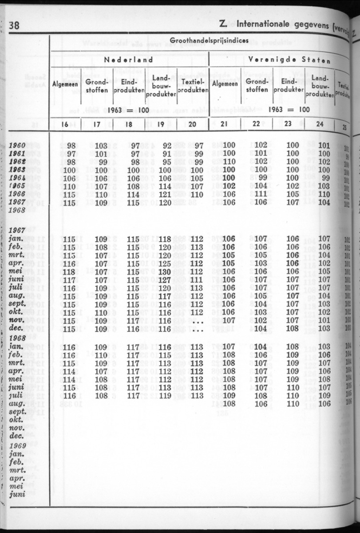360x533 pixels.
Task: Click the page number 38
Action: click(x=14, y=25)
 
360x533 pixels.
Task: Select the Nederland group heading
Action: click(x=128, y=60)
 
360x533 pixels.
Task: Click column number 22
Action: click(x=256, y=124)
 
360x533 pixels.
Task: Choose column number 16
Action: click(x=65, y=125)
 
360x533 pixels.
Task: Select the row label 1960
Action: click(x=17, y=145)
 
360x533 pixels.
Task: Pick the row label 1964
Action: click(x=17, y=178)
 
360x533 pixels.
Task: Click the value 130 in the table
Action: click(x=165, y=272)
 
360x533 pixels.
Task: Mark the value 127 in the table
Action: click(x=165, y=280)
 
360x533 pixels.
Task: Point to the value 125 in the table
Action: click(x=165, y=263)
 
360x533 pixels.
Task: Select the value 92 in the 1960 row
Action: click(x=166, y=145)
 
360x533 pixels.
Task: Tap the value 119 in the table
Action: click(x=165, y=396)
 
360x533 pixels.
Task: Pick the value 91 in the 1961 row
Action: click(x=166, y=153)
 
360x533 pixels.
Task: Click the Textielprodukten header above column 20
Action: click(x=192, y=86)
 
